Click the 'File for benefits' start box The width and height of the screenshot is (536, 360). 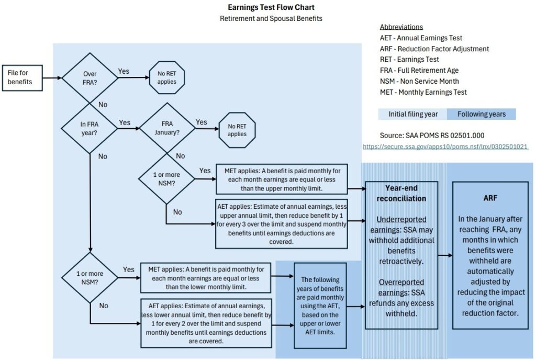click(22, 78)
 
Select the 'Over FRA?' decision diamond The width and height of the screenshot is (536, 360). click(90, 78)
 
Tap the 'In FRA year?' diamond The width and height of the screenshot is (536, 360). click(90, 128)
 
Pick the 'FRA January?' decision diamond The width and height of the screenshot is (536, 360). click(166, 128)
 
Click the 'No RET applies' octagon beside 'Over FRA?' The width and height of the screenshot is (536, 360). click(166, 78)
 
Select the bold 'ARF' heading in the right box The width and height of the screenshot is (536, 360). click(490, 198)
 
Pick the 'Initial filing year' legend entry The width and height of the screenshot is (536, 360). click(412, 114)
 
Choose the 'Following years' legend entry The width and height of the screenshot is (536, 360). click(481, 114)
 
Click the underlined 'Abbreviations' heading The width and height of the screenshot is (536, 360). click(401, 27)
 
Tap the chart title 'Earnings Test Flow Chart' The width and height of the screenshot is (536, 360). click(271, 7)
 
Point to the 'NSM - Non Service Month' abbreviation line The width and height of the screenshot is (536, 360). click(419, 81)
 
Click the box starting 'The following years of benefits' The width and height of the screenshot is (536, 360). click(319, 306)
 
